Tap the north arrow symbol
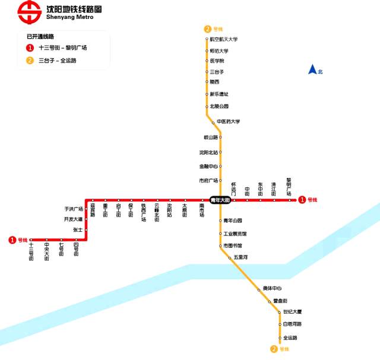312,70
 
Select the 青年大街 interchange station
220,200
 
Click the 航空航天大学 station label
224,39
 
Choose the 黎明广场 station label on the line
289,186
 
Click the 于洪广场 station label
74,209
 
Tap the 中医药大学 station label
228,122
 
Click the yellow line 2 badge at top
207,29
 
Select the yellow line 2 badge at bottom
274,349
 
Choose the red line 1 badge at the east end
302,200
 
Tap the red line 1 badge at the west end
12,240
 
